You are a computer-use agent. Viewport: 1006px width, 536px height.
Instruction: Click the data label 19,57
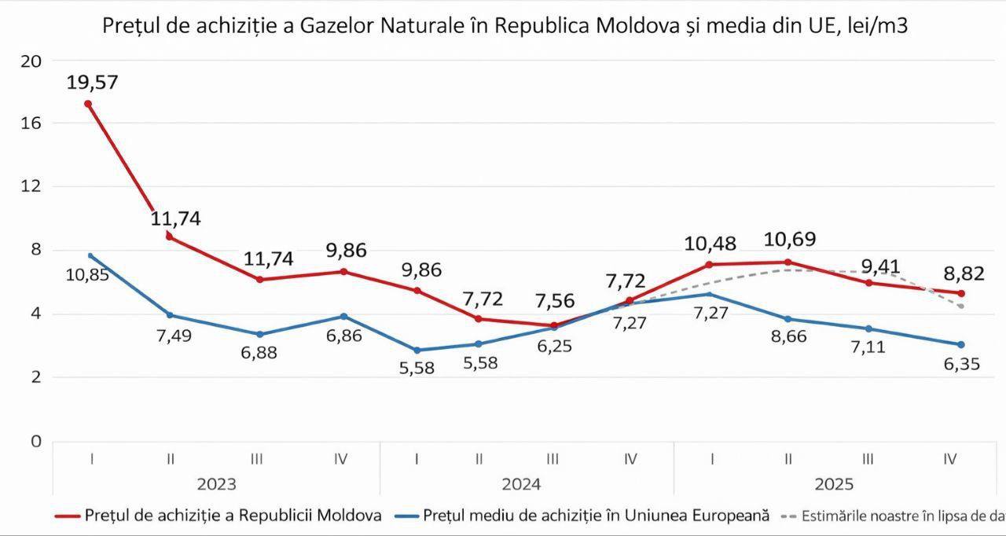coord(92,83)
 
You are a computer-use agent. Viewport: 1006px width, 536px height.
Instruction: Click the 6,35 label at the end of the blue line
coord(960,365)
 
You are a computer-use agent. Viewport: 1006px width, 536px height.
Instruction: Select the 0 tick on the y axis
coord(36,441)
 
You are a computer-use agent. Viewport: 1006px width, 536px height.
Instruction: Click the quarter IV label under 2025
coord(949,458)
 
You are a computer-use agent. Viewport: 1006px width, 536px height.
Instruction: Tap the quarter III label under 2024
coord(553,458)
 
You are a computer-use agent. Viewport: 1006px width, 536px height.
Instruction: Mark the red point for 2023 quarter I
coord(88,104)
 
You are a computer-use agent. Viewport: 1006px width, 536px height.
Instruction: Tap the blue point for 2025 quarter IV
coord(960,344)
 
